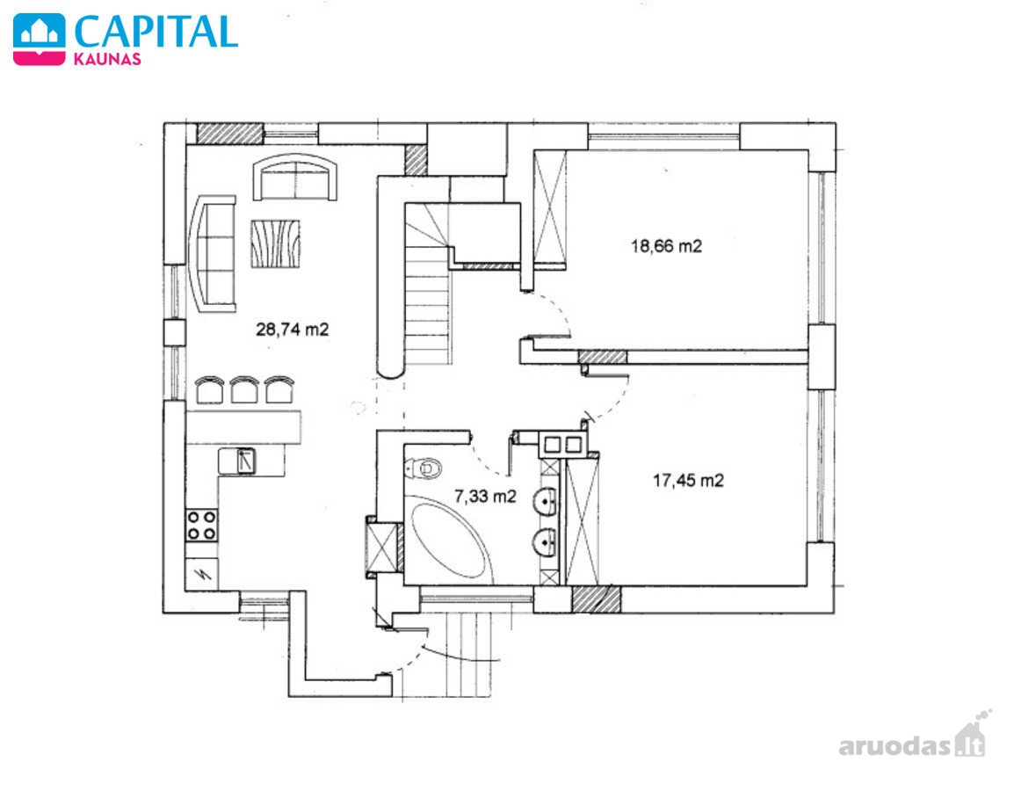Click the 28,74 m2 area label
click(x=293, y=330)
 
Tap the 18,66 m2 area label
click(x=666, y=246)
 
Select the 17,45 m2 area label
click(x=688, y=480)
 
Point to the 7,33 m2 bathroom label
click(x=486, y=496)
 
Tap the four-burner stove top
click(x=202, y=525)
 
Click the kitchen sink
click(x=244, y=461)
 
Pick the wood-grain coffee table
click(x=275, y=243)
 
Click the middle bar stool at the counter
click(x=244, y=390)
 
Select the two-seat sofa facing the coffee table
click(x=295, y=178)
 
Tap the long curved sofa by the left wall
click(x=213, y=253)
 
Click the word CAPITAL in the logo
click(x=156, y=31)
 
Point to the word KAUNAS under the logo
click(x=107, y=59)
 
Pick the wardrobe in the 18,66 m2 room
click(x=550, y=207)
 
